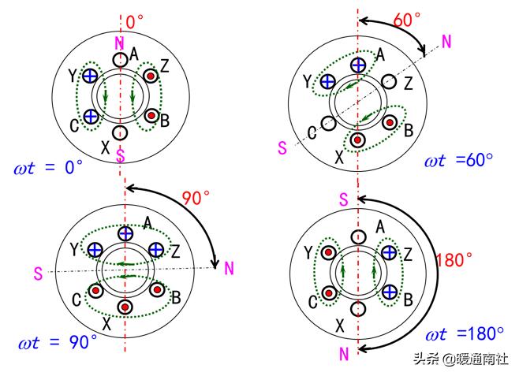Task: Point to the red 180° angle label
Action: (x=455, y=259)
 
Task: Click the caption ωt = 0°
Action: (x=49, y=167)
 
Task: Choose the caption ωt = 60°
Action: (x=459, y=161)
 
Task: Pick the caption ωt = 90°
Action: (x=58, y=342)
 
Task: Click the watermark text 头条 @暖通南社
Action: (x=462, y=359)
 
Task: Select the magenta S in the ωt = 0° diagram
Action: (x=120, y=154)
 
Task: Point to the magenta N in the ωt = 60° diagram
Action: (x=446, y=42)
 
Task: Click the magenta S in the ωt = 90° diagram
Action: (x=38, y=273)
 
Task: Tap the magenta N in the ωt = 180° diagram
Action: (x=344, y=354)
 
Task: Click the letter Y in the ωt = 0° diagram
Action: (x=72, y=76)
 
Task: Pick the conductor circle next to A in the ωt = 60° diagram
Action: (x=358, y=64)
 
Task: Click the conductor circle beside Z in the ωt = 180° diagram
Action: (x=388, y=252)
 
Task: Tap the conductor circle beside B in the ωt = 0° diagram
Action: (x=150, y=115)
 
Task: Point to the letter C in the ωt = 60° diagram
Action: (x=312, y=133)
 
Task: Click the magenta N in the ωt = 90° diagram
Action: (x=230, y=269)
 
